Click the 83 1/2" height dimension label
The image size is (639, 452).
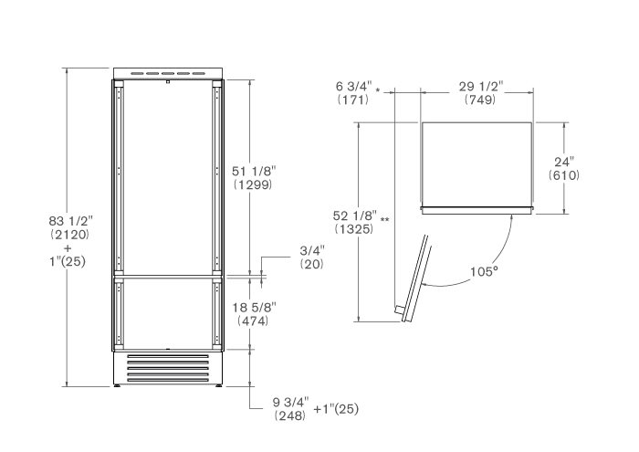[x=71, y=221]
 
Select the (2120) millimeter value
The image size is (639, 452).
[x=69, y=235]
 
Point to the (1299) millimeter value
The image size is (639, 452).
[x=253, y=184]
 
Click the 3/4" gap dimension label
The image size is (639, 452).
[x=312, y=250]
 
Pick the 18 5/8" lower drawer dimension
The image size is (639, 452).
[x=255, y=307]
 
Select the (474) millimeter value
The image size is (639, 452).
[x=253, y=321]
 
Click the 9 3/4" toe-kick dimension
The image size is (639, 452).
[x=291, y=403]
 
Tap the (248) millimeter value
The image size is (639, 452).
[x=290, y=415]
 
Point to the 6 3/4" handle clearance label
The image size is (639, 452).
[x=354, y=87]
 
